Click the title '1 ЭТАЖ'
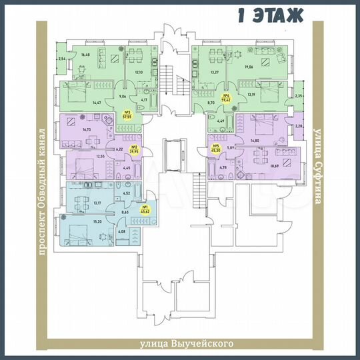click(270, 14)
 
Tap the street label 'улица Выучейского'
click(180, 344)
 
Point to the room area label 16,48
click(85, 55)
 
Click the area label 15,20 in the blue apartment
click(97, 222)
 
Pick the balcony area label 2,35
click(299, 96)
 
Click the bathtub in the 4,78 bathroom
click(216, 174)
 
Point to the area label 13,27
click(214, 71)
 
